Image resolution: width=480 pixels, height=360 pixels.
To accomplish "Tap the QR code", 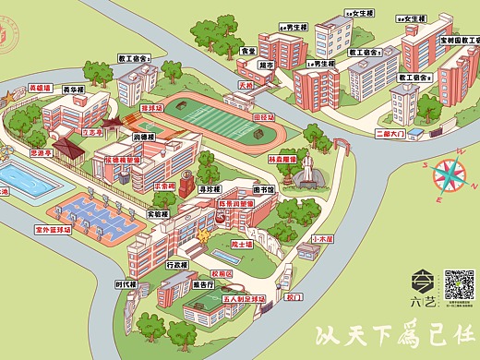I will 459,284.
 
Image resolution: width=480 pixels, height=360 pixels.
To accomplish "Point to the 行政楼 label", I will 176,266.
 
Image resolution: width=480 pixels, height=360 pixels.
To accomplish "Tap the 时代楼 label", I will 126,284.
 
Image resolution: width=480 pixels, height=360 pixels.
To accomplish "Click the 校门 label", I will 294,298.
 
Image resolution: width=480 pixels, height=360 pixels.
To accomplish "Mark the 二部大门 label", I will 391,132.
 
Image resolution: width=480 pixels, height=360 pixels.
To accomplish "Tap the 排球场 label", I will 151,108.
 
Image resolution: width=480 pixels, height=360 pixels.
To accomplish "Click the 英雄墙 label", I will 40,89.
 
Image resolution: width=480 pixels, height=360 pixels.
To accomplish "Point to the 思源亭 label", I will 42,152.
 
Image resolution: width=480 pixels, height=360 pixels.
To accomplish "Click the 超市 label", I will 266,66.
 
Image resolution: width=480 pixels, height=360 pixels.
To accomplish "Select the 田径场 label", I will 264,118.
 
